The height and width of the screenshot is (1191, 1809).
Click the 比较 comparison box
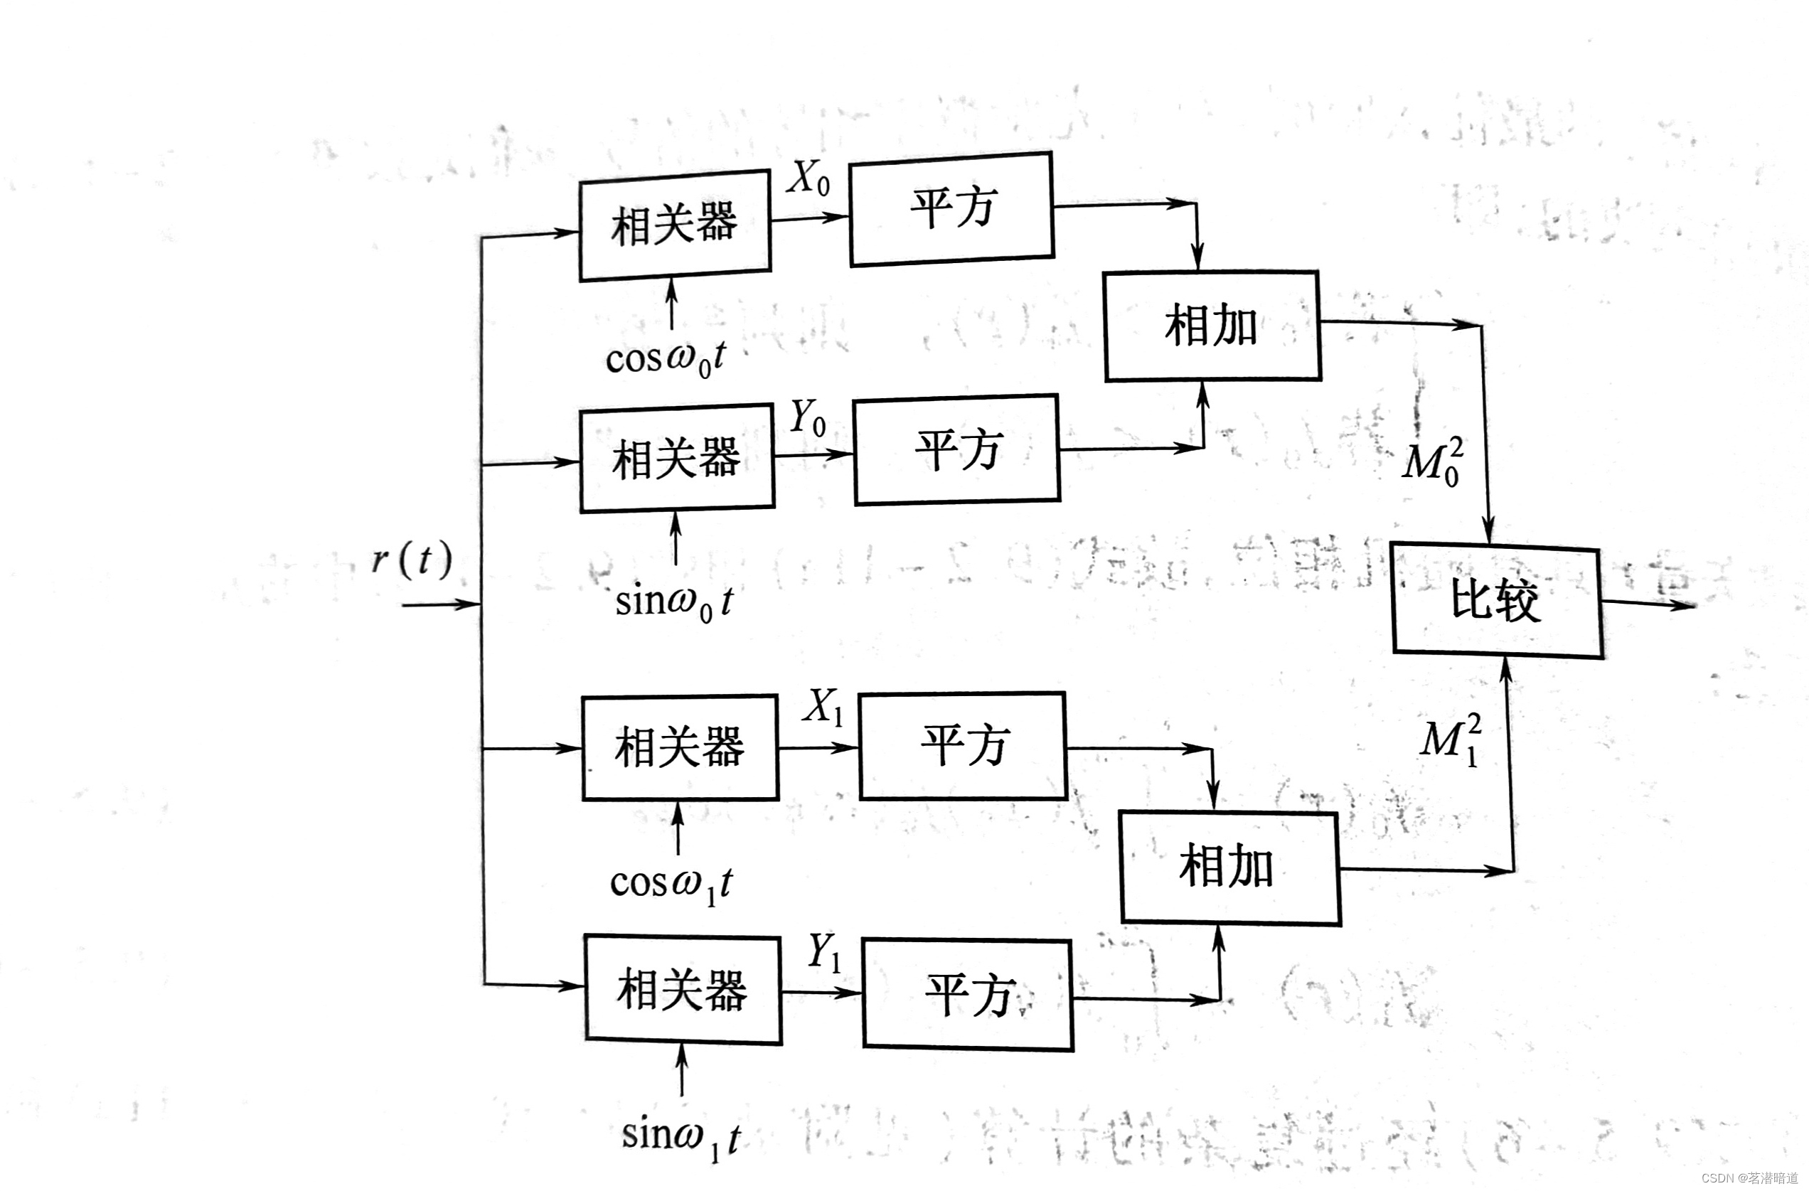(x=1497, y=599)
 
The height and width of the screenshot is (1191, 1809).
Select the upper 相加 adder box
(x=1212, y=325)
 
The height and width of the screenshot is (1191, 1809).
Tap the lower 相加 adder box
(x=1229, y=867)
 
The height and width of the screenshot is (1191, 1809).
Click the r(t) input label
(x=412, y=560)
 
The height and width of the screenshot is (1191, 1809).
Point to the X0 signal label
(x=808, y=178)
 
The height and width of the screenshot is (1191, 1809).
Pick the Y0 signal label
(x=807, y=418)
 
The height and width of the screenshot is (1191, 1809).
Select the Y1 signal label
(x=824, y=951)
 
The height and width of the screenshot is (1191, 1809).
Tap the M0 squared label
(x=1433, y=461)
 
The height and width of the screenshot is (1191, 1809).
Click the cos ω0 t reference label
(x=666, y=358)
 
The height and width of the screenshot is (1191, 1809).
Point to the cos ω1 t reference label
(x=671, y=884)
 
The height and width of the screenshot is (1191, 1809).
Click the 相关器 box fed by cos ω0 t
(x=674, y=225)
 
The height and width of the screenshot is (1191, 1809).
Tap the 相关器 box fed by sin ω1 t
(x=682, y=989)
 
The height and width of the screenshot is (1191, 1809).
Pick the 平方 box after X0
(x=951, y=208)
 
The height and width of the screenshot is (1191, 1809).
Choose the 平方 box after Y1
(x=968, y=995)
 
